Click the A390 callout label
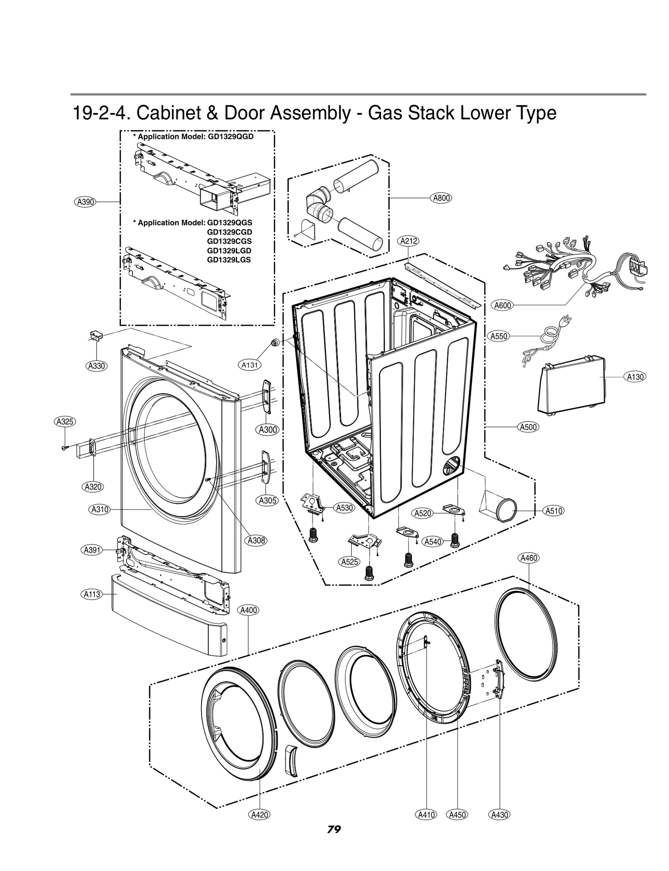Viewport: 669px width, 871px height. pos(85,202)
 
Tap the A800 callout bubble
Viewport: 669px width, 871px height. pos(441,198)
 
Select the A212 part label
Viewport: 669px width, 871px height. pos(409,241)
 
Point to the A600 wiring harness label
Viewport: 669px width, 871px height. pos(503,305)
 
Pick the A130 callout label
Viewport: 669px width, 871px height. pos(635,377)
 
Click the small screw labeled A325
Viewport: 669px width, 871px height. pos(64,448)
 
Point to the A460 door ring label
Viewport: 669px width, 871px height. pos(529,558)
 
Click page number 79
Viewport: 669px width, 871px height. pos(334,841)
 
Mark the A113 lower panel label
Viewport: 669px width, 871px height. pos(91,594)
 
